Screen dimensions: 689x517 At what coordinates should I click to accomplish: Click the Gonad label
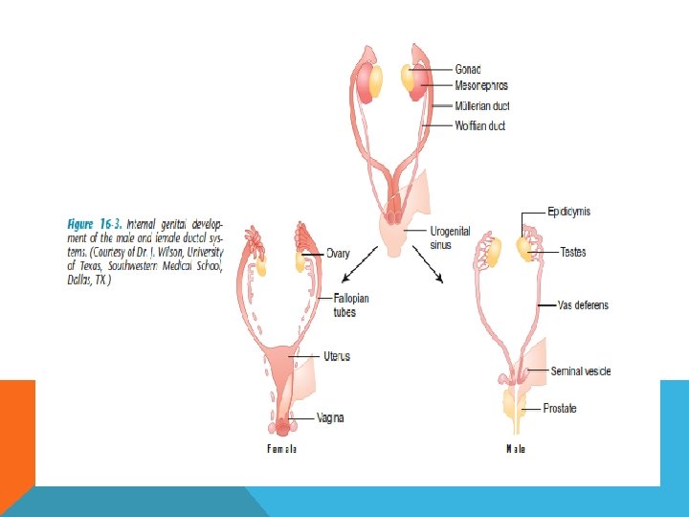(x=468, y=70)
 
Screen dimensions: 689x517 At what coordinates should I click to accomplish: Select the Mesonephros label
(x=481, y=85)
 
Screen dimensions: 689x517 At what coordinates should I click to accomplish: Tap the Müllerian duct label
(x=488, y=105)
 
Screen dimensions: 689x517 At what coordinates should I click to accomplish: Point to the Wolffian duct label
(x=480, y=125)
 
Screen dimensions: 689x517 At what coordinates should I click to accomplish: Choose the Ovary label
(x=338, y=254)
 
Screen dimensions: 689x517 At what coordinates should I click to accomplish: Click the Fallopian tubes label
(x=351, y=304)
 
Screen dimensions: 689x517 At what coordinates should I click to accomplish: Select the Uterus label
(x=337, y=356)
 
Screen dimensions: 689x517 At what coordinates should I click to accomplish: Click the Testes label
(x=574, y=253)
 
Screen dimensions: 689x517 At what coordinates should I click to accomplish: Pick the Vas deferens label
(x=583, y=305)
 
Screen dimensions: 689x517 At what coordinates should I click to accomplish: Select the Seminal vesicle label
(x=580, y=371)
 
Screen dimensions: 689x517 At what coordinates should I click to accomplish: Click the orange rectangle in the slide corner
(x=17, y=431)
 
